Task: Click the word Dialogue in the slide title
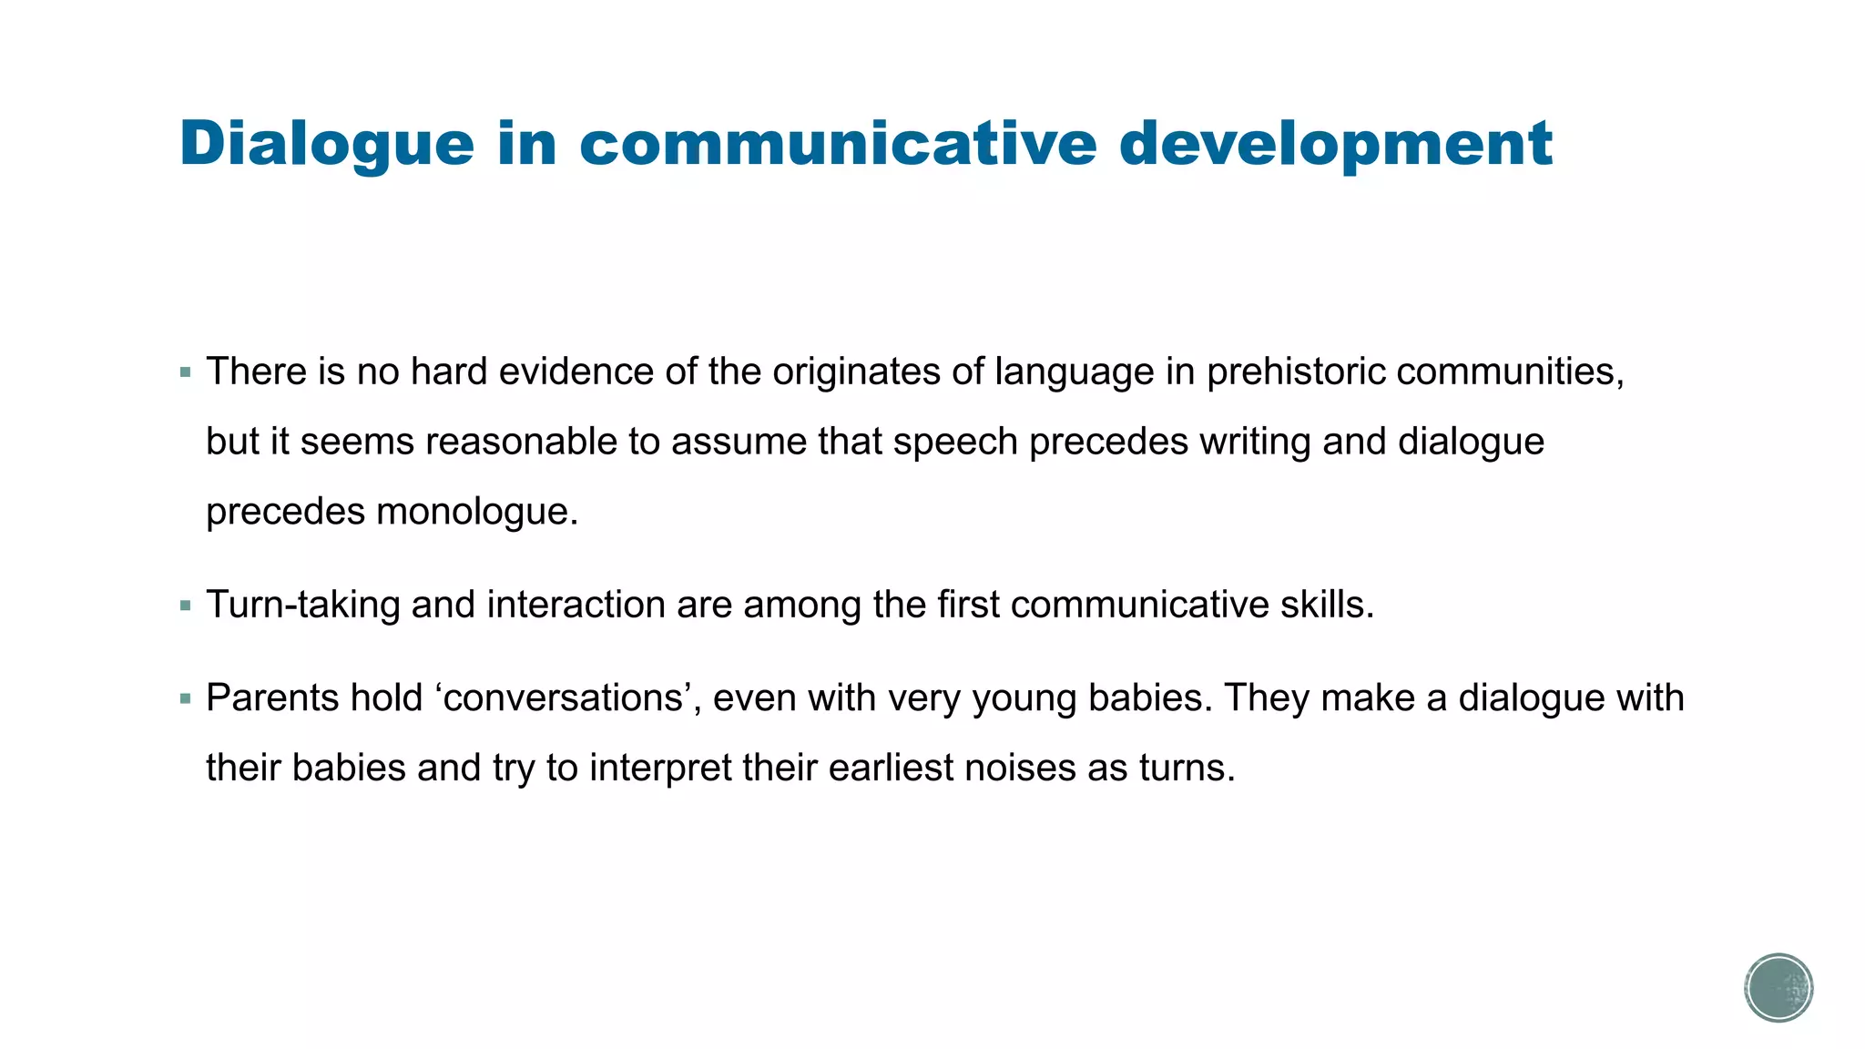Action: click(327, 144)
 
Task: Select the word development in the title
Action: click(1335, 144)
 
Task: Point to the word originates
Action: click(857, 372)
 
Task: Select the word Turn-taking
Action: click(303, 605)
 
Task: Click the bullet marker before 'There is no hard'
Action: click(186, 372)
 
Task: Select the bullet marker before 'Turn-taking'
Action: click(186, 606)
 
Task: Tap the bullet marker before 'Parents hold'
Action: click(186, 699)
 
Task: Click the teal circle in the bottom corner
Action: click(1778, 988)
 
